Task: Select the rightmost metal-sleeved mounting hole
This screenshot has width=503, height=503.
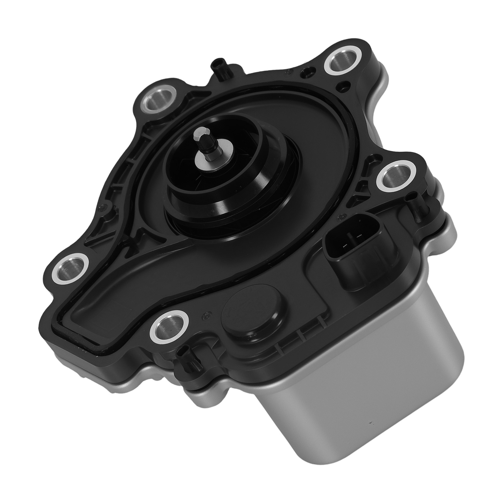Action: point(394,176)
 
